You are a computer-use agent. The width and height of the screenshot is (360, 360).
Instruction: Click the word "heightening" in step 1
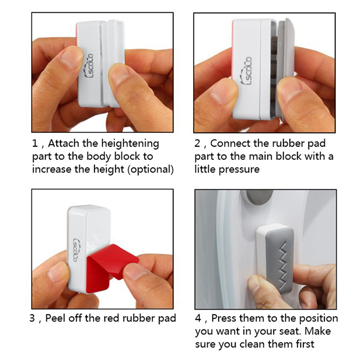click(130, 144)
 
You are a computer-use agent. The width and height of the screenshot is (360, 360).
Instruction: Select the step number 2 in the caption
click(197, 144)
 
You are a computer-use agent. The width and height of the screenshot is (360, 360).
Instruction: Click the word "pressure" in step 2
click(239, 170)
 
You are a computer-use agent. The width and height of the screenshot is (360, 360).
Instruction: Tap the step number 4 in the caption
click(198, 319)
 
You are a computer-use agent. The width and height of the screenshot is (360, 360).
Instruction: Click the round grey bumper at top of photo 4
click(259, 198)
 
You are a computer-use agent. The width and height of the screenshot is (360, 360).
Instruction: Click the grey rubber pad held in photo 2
click(285, 69)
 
